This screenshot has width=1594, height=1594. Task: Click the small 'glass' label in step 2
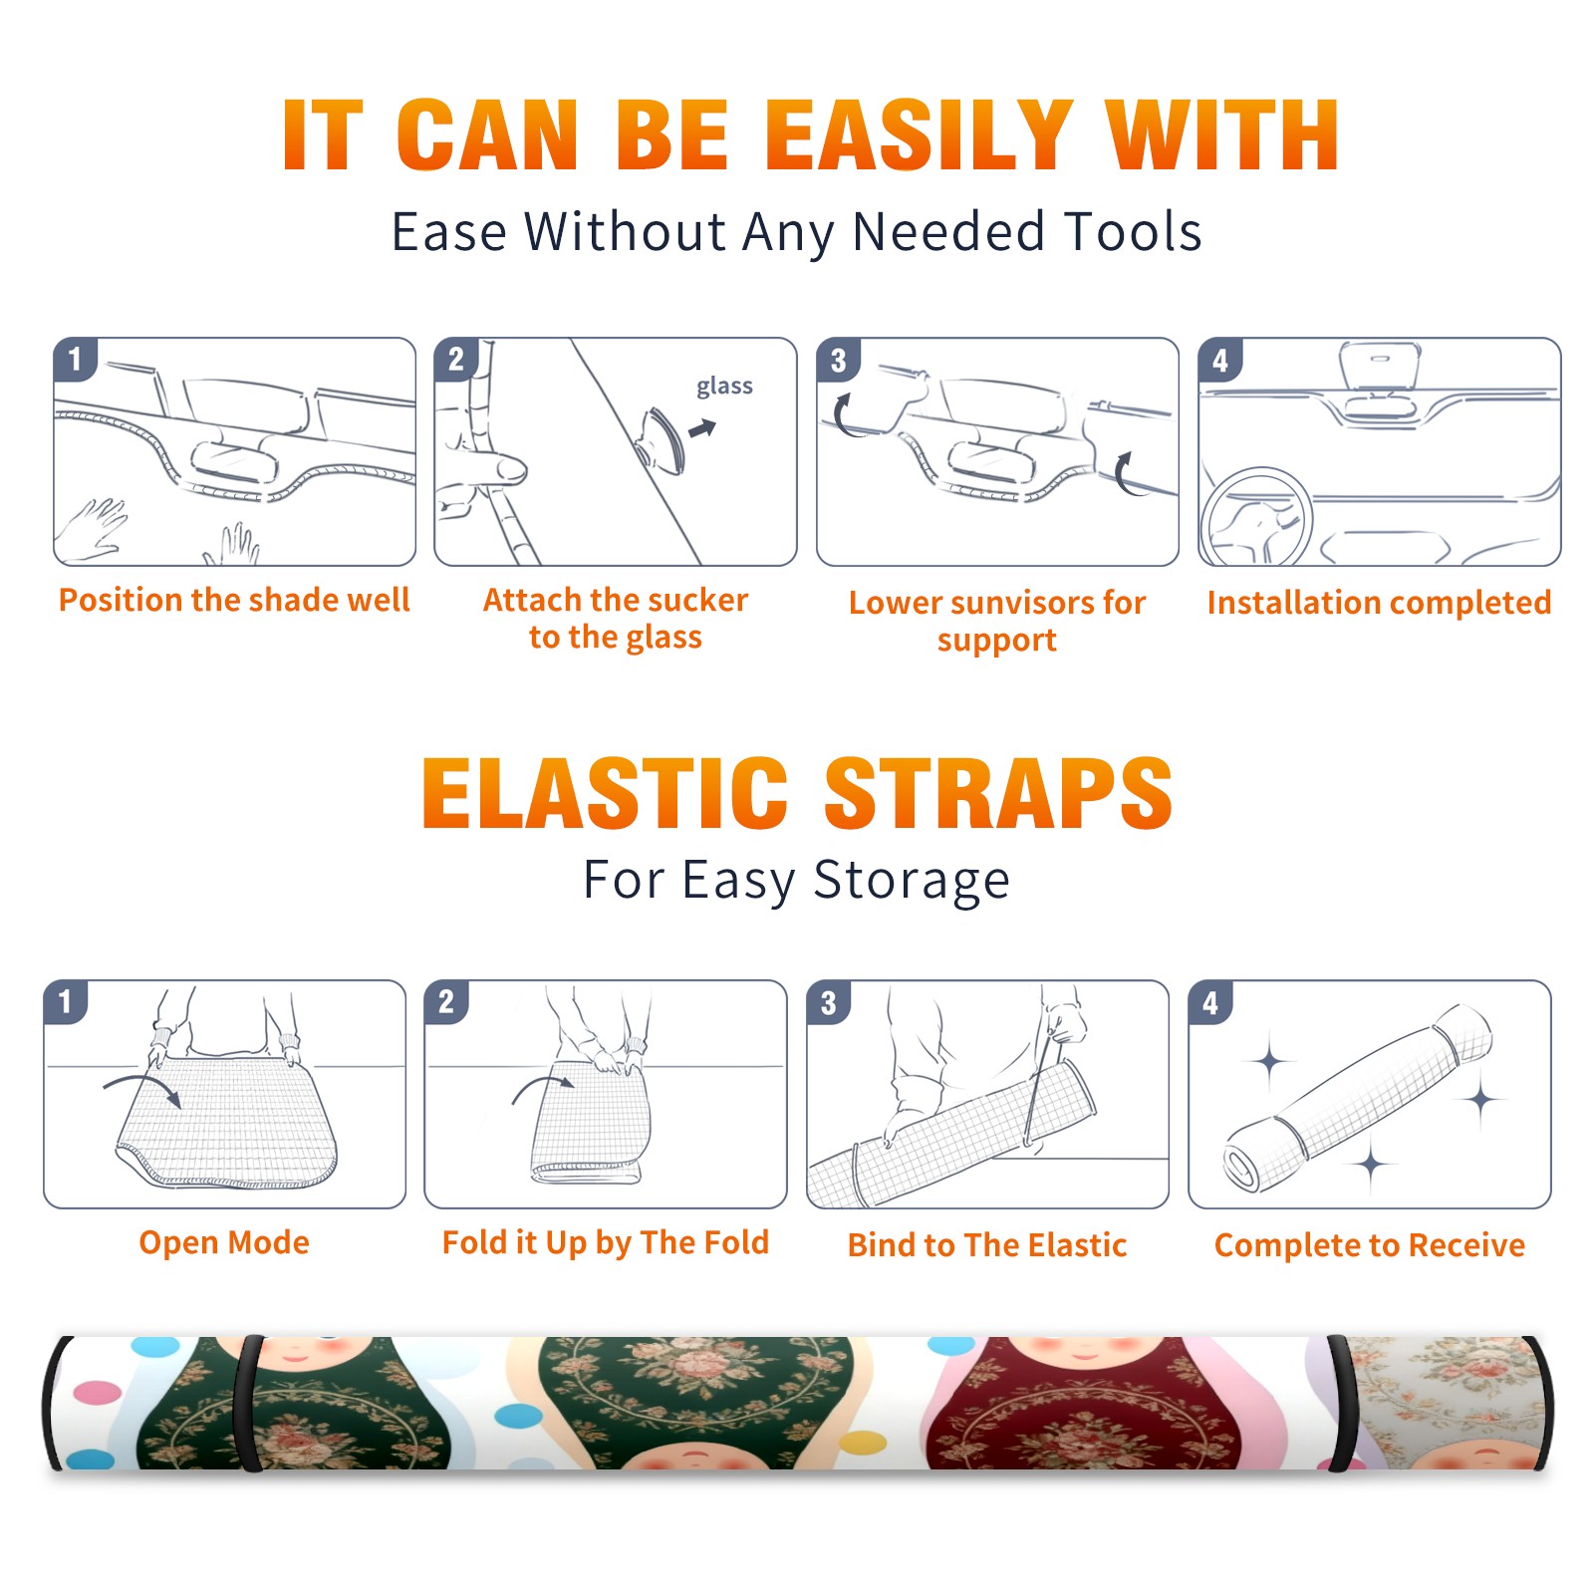pyautogui.click(x=724, y=387)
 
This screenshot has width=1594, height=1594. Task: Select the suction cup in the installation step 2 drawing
pyautogui.click(x=664, y=439)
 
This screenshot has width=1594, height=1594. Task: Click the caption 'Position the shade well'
pyautogui.click(x=234, y=600)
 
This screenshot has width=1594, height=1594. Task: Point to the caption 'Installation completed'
pyautogui.click(x=1379, y=603)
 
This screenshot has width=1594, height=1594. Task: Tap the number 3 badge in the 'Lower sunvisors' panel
pyautogui.click(x=838, y=360)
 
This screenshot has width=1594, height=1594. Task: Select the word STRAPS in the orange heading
pyautogui.click(x=998, y=793)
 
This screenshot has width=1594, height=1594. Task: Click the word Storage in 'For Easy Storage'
pyautogui.click(x=911, y=881)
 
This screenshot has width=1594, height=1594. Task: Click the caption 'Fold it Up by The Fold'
pyautogui.click(x=606, y=1242)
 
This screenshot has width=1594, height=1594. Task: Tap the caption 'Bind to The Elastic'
pyautogui.click(x=987, y=1245)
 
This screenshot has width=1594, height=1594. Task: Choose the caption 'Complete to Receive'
pyautogui.click(x=1370, y=1245)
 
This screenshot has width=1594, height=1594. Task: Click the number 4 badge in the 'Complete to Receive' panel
pyautogui.click(x=1210, y=1002)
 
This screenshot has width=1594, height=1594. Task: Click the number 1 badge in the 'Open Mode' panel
pyautogui.click(x=66, y=1002)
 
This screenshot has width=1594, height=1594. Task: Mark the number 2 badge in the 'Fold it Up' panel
pyautogui.click(x=446, y=1002)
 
